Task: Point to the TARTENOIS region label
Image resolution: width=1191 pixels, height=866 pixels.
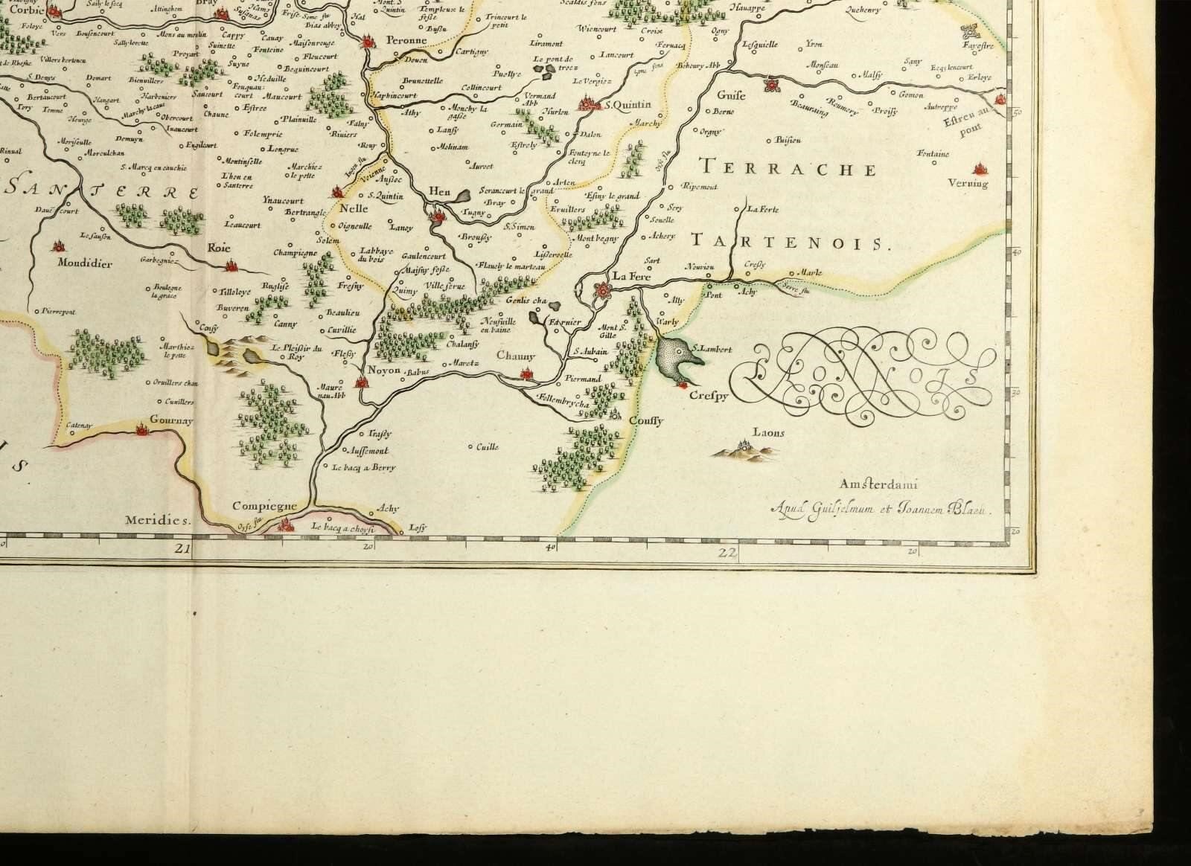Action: click(x=791, y=241)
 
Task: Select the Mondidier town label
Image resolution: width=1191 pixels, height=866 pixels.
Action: click(x=86, y=263)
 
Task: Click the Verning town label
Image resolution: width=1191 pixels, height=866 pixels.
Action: click(x=968, y=183)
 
